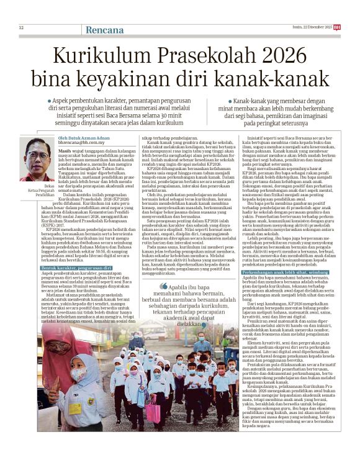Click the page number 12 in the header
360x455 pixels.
click(21, 27)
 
